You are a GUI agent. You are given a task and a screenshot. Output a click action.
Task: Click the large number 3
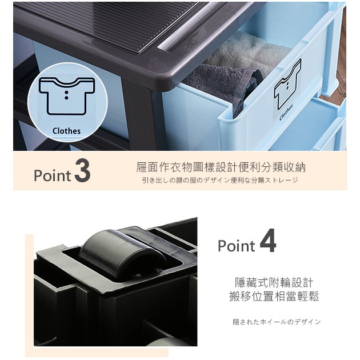pos(82,171)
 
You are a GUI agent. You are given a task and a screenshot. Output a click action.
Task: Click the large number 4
pos(268,241)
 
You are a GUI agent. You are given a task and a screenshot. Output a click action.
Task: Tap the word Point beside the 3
pos(53,175)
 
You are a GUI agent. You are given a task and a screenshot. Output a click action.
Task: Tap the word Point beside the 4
pos(237,246)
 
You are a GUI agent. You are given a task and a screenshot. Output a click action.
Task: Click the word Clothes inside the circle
pos(67,131)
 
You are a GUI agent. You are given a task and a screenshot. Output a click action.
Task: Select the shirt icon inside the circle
pos(67,96)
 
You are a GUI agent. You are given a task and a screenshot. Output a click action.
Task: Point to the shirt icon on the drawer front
pos(287,84)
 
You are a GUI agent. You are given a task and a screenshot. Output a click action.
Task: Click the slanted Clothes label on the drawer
pos(286,113)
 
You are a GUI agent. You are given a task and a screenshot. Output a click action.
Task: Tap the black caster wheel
pos(124,253)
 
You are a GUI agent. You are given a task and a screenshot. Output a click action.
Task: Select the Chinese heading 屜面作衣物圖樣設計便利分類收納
pos(221,167)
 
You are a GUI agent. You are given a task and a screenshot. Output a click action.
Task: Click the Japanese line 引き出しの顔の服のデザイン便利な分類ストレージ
pos(220,180)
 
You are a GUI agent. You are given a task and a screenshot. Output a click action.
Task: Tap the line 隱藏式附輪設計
pos(274,283)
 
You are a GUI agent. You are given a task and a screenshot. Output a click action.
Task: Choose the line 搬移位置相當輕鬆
pos(274,297)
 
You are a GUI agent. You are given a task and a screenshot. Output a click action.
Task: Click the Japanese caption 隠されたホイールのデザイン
pos(277,322)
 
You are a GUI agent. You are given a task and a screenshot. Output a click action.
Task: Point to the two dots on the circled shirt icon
pos(66,95)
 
